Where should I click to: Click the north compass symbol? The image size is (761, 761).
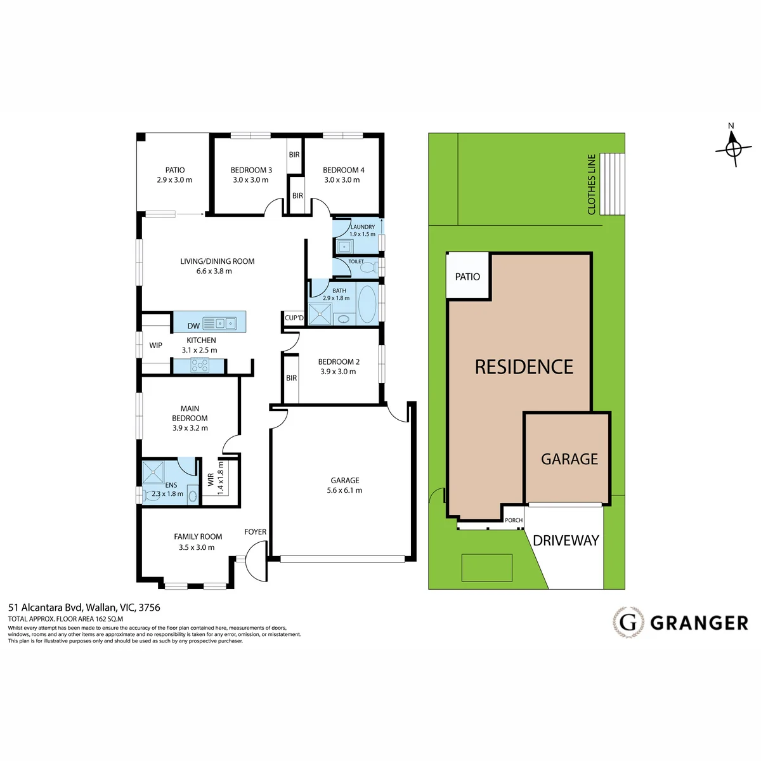click(x=733, y=149)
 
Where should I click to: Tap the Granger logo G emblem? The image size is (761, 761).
click(x=628, y=623)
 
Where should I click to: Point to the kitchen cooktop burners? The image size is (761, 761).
click(x=200, y=365)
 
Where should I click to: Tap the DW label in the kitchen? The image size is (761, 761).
click(x=193, y=326)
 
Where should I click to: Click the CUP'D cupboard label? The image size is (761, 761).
click(x=294, y=318)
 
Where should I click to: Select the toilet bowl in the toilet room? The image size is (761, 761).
click(x=368, y=268)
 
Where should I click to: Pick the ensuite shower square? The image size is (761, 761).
click(x=153, y=472)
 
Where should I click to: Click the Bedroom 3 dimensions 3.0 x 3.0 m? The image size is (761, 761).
click(x=250, y=180)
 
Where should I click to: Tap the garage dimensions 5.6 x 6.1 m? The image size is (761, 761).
click(x=345, y=490)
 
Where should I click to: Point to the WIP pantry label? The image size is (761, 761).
click(x=155, y=346)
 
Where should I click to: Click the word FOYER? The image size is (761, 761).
click(x=256, y=532)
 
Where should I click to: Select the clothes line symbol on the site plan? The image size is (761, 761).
click(x=612, y=185)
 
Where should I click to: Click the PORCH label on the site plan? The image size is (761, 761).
click(x=514, y=520)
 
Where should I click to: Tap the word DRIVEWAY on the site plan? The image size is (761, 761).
click(x=566, y=541)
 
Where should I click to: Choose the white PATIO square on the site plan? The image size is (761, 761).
click(x=467, y=275)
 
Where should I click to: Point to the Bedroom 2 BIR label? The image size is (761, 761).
click(x=292, y=379)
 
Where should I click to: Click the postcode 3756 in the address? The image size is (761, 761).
click(x=149, y=608)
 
